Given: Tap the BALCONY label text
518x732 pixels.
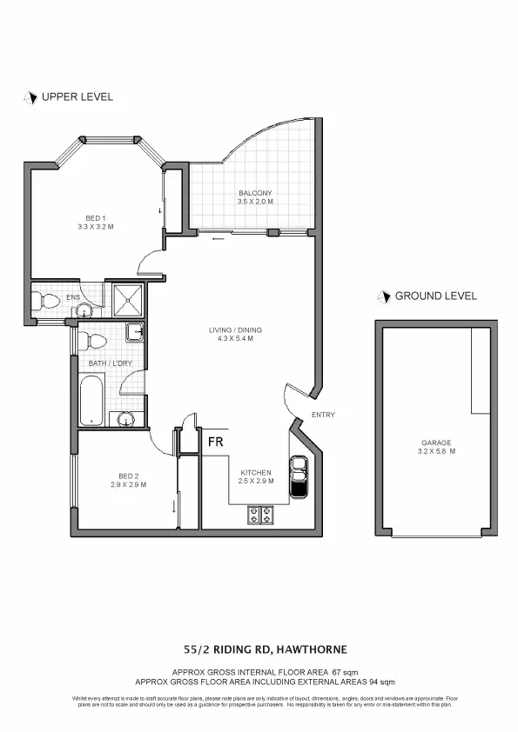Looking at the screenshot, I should coord(255,193).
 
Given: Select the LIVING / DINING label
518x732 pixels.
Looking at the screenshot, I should coord(235,330).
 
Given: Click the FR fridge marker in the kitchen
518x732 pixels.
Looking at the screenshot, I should coord(215,441).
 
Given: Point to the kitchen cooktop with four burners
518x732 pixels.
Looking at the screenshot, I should coord(259,515).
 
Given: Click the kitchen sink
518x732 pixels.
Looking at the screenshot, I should coord(298,477).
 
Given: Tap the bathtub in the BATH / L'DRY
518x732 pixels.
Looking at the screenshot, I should coord(91,401).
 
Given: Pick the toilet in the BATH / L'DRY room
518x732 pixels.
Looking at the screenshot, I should coord(84,340).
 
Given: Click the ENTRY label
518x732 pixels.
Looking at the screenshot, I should coord(322,415).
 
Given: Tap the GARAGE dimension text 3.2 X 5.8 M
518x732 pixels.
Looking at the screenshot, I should coord(438,452).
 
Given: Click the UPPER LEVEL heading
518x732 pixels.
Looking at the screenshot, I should coord(77,97).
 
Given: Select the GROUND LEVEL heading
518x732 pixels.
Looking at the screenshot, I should coord(435,296).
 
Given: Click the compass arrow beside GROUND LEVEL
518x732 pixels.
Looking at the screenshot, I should coord(382,296).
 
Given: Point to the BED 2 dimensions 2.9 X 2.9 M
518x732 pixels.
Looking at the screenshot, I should coord(128,484).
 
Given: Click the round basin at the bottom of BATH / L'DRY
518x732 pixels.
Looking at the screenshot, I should coord(127,419).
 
